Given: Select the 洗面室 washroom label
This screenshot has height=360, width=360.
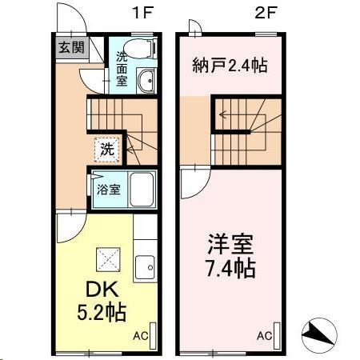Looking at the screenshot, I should click(122, 69).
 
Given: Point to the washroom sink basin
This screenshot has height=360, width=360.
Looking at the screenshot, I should click(146, 81).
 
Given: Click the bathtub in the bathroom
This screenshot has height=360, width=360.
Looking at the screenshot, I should click(144, 190).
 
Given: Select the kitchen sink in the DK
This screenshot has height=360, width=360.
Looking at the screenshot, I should click(146, 266).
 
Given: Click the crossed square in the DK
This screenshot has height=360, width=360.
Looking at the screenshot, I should click(107, 258).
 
